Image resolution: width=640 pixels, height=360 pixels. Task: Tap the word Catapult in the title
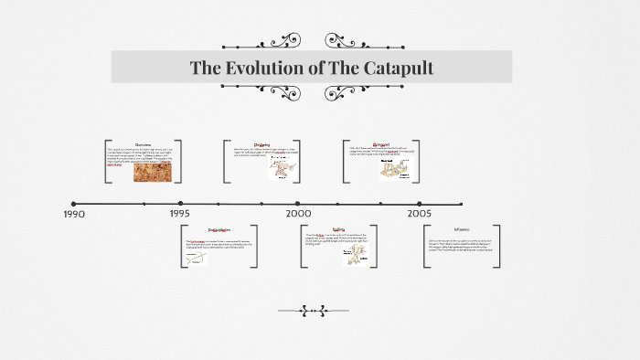click(396, 68)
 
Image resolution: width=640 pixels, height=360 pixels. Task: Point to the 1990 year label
click(74, 214)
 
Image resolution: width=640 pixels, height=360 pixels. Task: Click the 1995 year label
click(180, 213)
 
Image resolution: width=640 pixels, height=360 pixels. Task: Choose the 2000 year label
click(298, 213)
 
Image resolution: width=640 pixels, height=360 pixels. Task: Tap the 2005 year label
click(420, 213)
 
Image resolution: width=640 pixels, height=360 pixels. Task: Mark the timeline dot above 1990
click(74, 204)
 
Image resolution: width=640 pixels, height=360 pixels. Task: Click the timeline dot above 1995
click(180, 204)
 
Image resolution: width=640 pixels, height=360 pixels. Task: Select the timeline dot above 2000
click(297, 204)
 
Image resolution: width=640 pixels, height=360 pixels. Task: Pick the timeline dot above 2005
click(420, 204)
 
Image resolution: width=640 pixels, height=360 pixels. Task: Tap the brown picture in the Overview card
click(152, 171)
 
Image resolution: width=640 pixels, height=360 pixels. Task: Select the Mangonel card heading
click(380, 143)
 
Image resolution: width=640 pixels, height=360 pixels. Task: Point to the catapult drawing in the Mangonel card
click(396, 167)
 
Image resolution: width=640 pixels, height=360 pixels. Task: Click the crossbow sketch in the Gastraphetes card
click(195, 259)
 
